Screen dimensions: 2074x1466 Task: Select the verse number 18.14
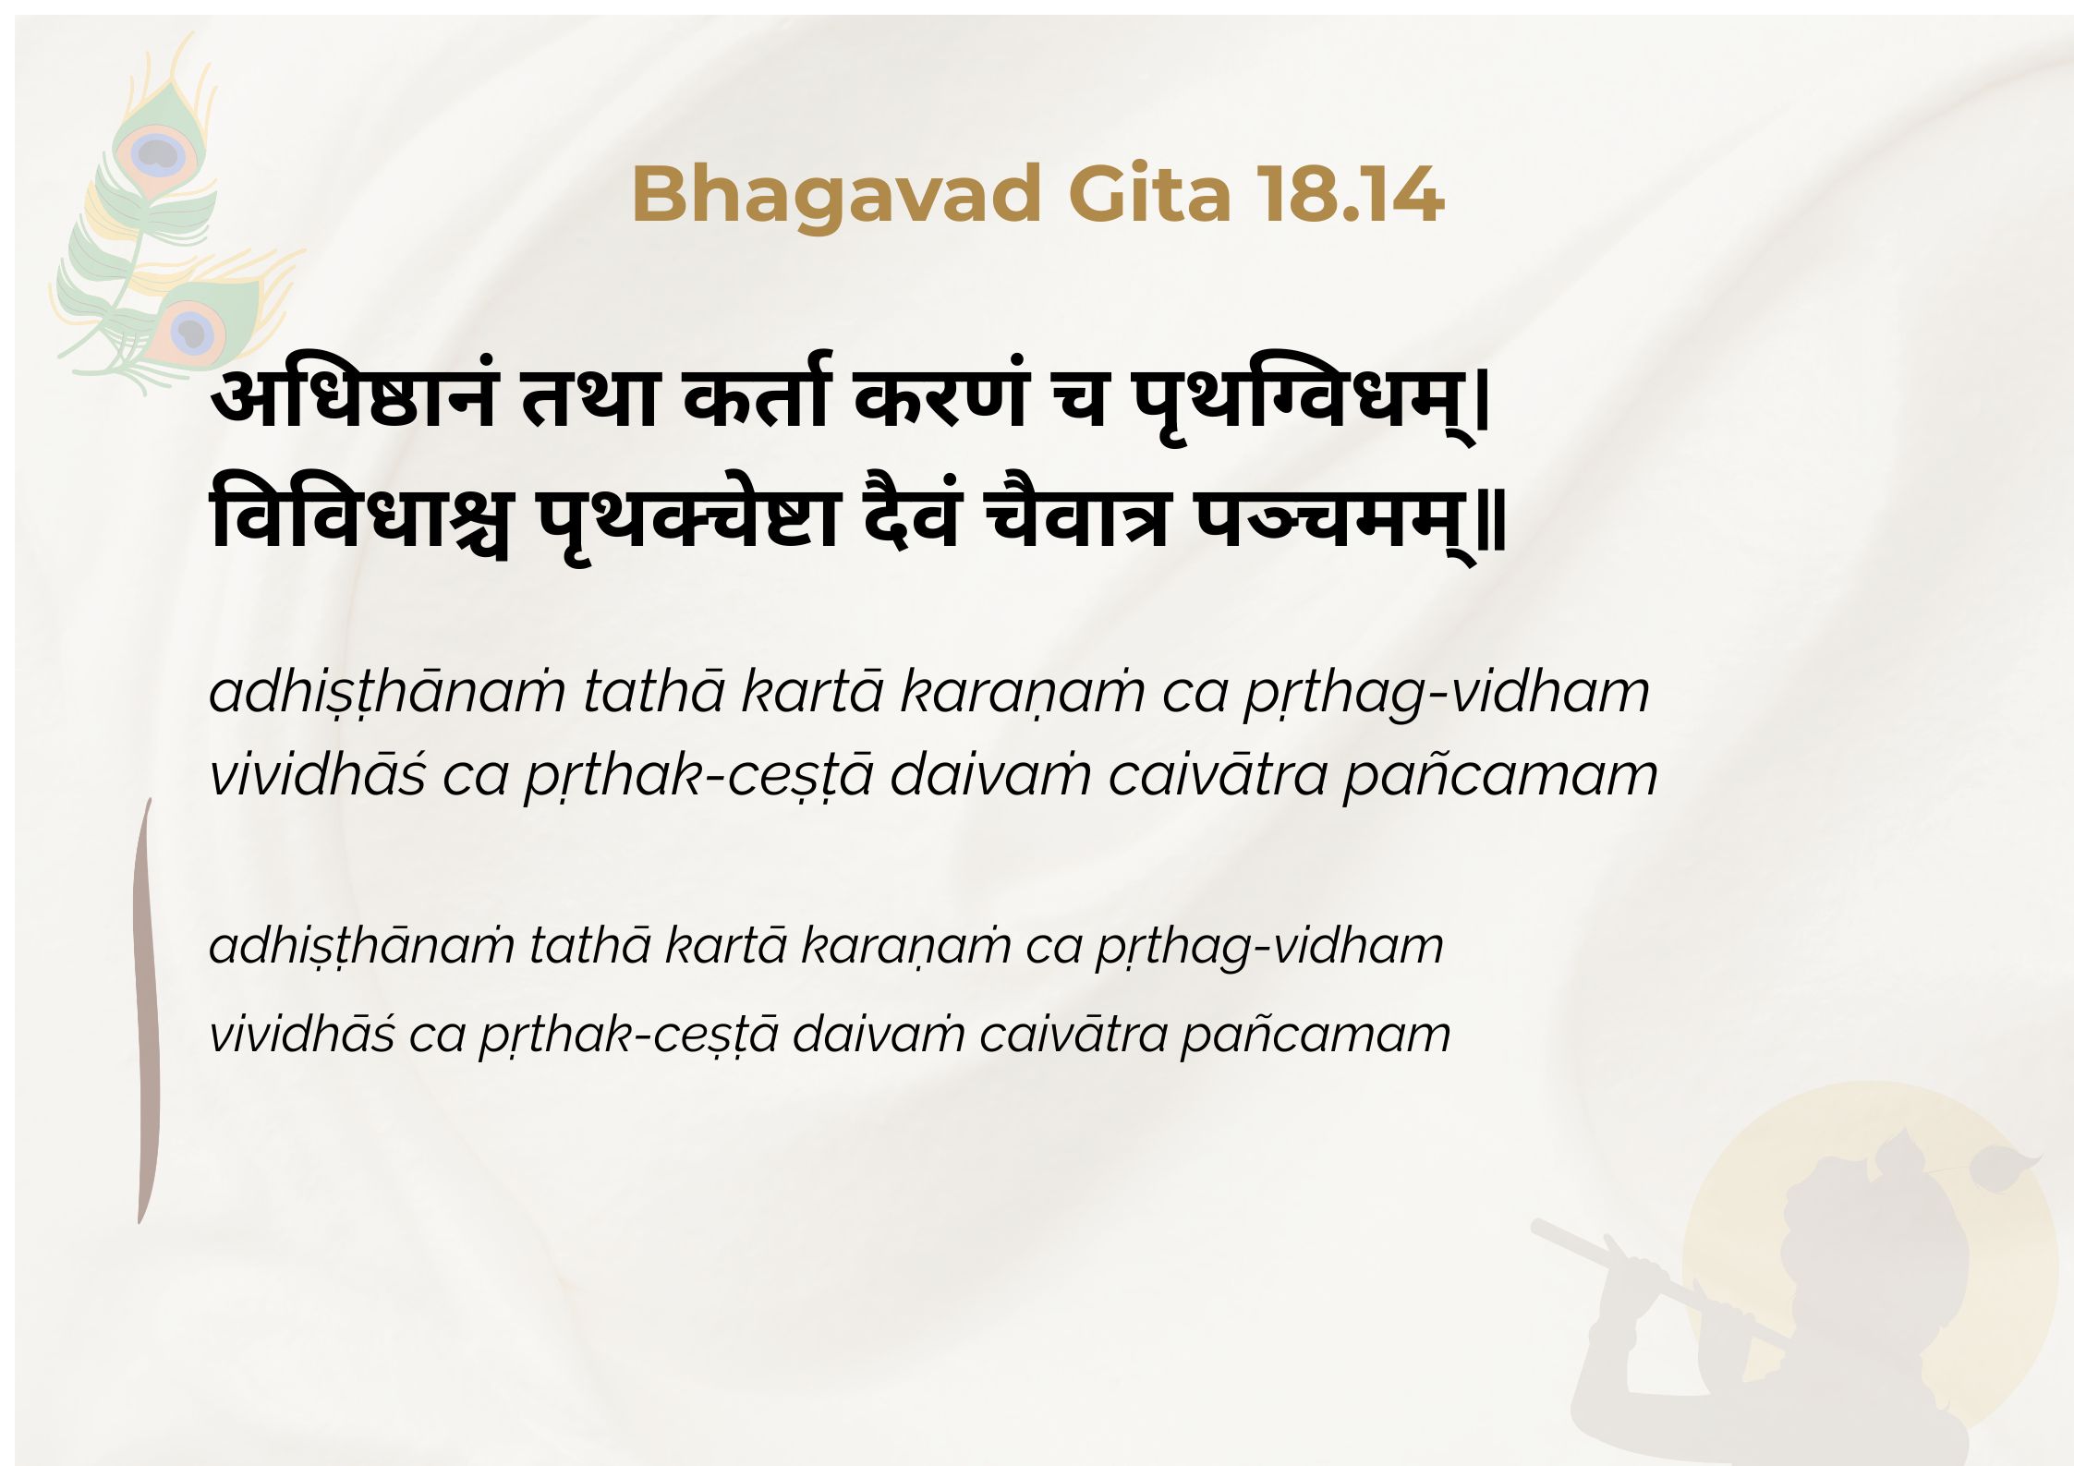tap(1350, 195)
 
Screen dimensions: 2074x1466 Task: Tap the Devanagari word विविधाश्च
tap(360, 516)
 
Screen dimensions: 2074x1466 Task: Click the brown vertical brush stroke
tap(148, 1012)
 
